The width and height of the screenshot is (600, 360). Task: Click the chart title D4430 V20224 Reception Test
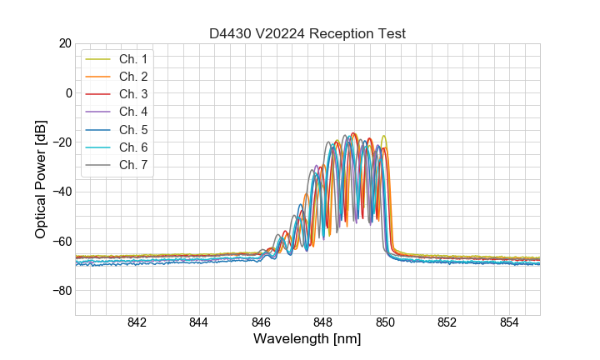pyautogui.click(x=307, y=33)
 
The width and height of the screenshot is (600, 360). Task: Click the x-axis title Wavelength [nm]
pyautogui.click(x=307, y=339)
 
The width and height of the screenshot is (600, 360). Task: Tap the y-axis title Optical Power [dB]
pyautogui.click(x=41, y=179)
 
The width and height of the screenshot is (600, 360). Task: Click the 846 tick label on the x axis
pyautogui.click(x=261, y=323)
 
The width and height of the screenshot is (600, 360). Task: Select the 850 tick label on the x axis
pyautogui.click(x=385, y=323)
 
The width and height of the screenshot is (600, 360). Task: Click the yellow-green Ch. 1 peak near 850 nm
pyautogui.click(x=384, y=136)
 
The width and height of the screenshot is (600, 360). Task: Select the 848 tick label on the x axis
pyautogui.click(x=323, y=323)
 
